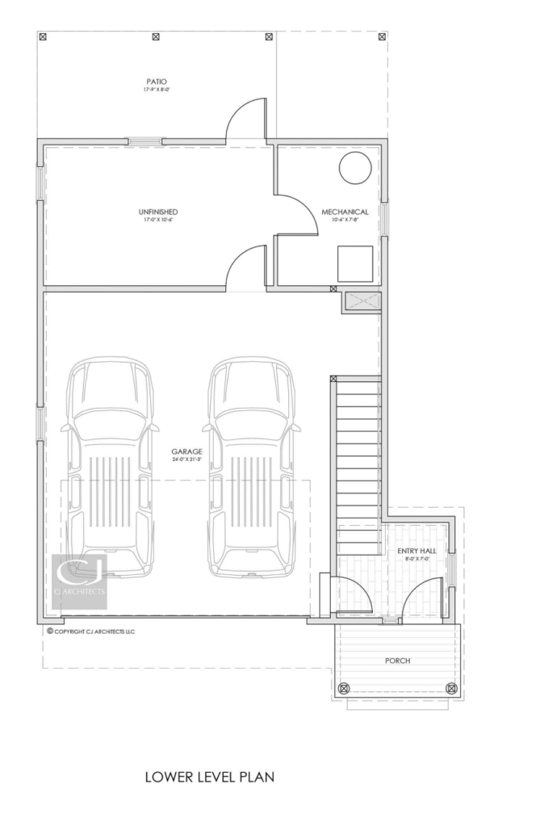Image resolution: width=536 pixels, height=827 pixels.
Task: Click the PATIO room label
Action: (157, 82)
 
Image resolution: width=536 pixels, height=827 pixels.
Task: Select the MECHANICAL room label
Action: (350, 212)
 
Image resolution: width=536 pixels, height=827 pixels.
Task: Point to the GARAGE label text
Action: (186, 451)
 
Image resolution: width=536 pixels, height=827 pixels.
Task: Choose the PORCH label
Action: (397, 661)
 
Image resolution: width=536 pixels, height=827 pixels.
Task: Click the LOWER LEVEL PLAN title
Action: (210, 777)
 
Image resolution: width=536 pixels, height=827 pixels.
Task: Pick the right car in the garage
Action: (250, 468)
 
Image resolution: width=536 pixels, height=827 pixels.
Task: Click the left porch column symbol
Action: (344, 688)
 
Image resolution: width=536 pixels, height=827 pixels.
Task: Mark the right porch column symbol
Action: (450, 688)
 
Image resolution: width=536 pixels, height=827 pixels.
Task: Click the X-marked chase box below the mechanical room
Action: (361, 302)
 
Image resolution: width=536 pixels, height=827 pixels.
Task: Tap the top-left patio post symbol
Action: (43, 36)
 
